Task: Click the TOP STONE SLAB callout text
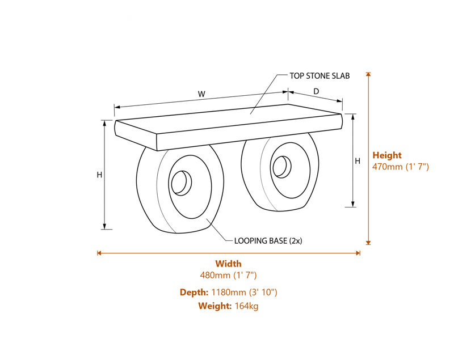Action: pos(320,75)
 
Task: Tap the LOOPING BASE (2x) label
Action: pos(268,240)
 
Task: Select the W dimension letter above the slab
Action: pos(201,94)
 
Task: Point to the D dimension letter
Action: pos(316,91)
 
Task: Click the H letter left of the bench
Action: pos(99,175)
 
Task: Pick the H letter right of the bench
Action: pos(358,161)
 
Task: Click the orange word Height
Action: pos(387,155)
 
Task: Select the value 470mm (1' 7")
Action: pos(400,167)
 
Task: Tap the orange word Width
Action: pos(228,264)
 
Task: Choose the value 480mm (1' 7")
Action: pos(228,276)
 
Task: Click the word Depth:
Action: pos(194,293)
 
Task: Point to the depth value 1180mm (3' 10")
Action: pos(244,293)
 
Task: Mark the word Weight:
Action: pos(215,306)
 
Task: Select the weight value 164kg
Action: pos(247,306)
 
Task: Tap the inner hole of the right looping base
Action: pos(280,167)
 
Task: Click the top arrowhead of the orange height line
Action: pos(368,74)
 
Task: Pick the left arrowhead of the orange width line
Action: pos(99,253)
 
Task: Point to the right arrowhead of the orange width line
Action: pos(358,253)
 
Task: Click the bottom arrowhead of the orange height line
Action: pos(368,243)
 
